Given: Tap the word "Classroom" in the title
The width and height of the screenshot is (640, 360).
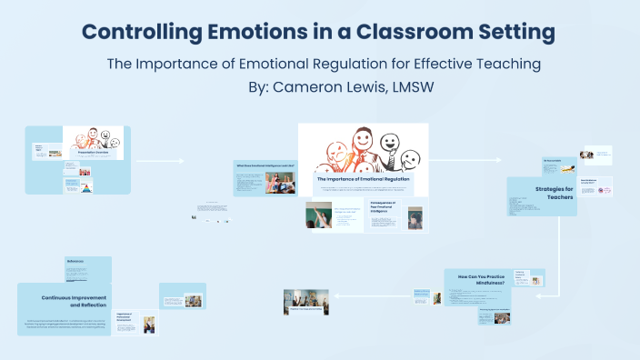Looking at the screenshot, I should pyautogui.click(x=412, y=33).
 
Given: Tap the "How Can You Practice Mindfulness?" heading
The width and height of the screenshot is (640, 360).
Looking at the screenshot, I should pyautogui.click(x=478, y=279).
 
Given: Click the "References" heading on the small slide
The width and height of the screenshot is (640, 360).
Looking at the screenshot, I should pyautogui.click(x=75, y=262).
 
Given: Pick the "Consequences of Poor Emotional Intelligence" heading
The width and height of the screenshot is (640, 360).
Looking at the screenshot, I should pyautogui.click(x=389, y=205).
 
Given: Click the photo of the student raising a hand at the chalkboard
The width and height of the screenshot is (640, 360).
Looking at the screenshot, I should pyautogui.click(x=319, y=215).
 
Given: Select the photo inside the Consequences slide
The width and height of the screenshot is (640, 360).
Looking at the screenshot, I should pyautogui.click(x=415, y=218).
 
